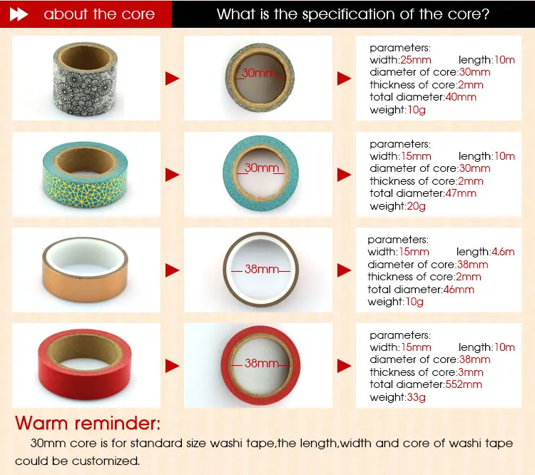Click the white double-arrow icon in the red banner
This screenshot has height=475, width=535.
click(x=19, y=14)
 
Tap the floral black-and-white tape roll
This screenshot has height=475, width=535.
click(x=86, y=78)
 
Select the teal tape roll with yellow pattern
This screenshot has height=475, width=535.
click(x=85, y=175)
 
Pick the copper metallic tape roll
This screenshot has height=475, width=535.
click(x=85, y=270)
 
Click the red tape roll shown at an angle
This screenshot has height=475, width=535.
click(x=84, y=364)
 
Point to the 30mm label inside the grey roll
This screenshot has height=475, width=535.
click(x=259, y=73)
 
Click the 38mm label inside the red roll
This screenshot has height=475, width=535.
click(x=261, y=363)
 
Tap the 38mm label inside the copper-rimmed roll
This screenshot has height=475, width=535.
click(x=261, y=269)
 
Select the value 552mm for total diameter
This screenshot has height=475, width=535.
click(x=464, y=384)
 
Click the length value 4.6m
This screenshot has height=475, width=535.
click(x=503, y=252)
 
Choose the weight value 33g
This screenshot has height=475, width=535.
click(x=416, y=397)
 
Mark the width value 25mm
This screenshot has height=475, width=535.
click(x=416, y=60)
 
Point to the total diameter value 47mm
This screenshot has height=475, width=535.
click(x=461, y=193)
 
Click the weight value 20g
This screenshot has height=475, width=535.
click(x=416, y=206)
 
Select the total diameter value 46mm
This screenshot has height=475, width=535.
click(x=459, y=290)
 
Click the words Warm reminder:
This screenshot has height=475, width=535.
click(x=88, y=423)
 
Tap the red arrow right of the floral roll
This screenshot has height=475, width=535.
click(x=173, y=78)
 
